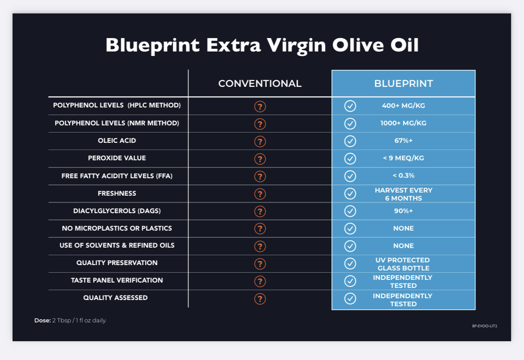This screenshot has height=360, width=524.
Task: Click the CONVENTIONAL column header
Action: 260,83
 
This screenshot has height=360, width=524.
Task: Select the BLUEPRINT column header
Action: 404,83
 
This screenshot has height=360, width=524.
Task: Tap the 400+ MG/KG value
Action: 404,106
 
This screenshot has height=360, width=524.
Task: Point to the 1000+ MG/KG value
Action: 404,123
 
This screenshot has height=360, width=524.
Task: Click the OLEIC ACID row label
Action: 117,141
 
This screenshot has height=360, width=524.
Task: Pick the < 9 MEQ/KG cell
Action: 404,158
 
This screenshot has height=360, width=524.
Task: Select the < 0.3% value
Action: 404,176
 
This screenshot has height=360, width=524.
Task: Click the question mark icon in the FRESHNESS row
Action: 260,194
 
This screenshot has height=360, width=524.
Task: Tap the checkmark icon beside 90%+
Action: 350,211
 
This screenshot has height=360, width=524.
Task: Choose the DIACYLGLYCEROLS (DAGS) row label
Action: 117,211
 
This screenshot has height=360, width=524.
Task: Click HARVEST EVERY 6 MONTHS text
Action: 404,194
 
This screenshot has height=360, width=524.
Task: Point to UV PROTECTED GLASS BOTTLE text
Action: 403,264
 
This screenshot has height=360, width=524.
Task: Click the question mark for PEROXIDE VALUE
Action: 260,159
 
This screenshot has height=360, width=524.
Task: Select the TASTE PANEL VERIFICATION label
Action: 117,280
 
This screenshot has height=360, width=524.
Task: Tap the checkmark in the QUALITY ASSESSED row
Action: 350,299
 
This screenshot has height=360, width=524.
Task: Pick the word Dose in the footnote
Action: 43,320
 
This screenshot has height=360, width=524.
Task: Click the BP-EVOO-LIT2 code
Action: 485,326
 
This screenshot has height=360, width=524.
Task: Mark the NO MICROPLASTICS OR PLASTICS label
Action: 117,228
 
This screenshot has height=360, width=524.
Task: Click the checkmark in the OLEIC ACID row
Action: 350,141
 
